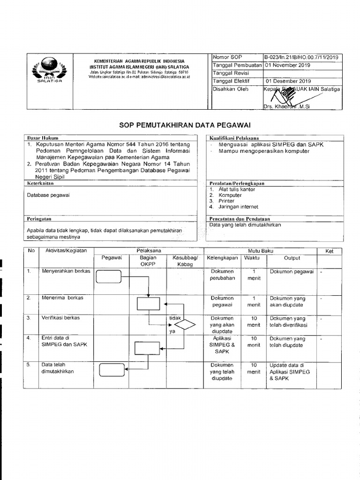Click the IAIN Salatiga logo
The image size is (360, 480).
pos(46,71)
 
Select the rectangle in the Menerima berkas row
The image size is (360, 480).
pos(149,304)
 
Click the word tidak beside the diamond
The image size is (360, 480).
pos(174,317)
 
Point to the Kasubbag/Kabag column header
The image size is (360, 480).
pos(185,261)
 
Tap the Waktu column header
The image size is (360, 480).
pos(254,258)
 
